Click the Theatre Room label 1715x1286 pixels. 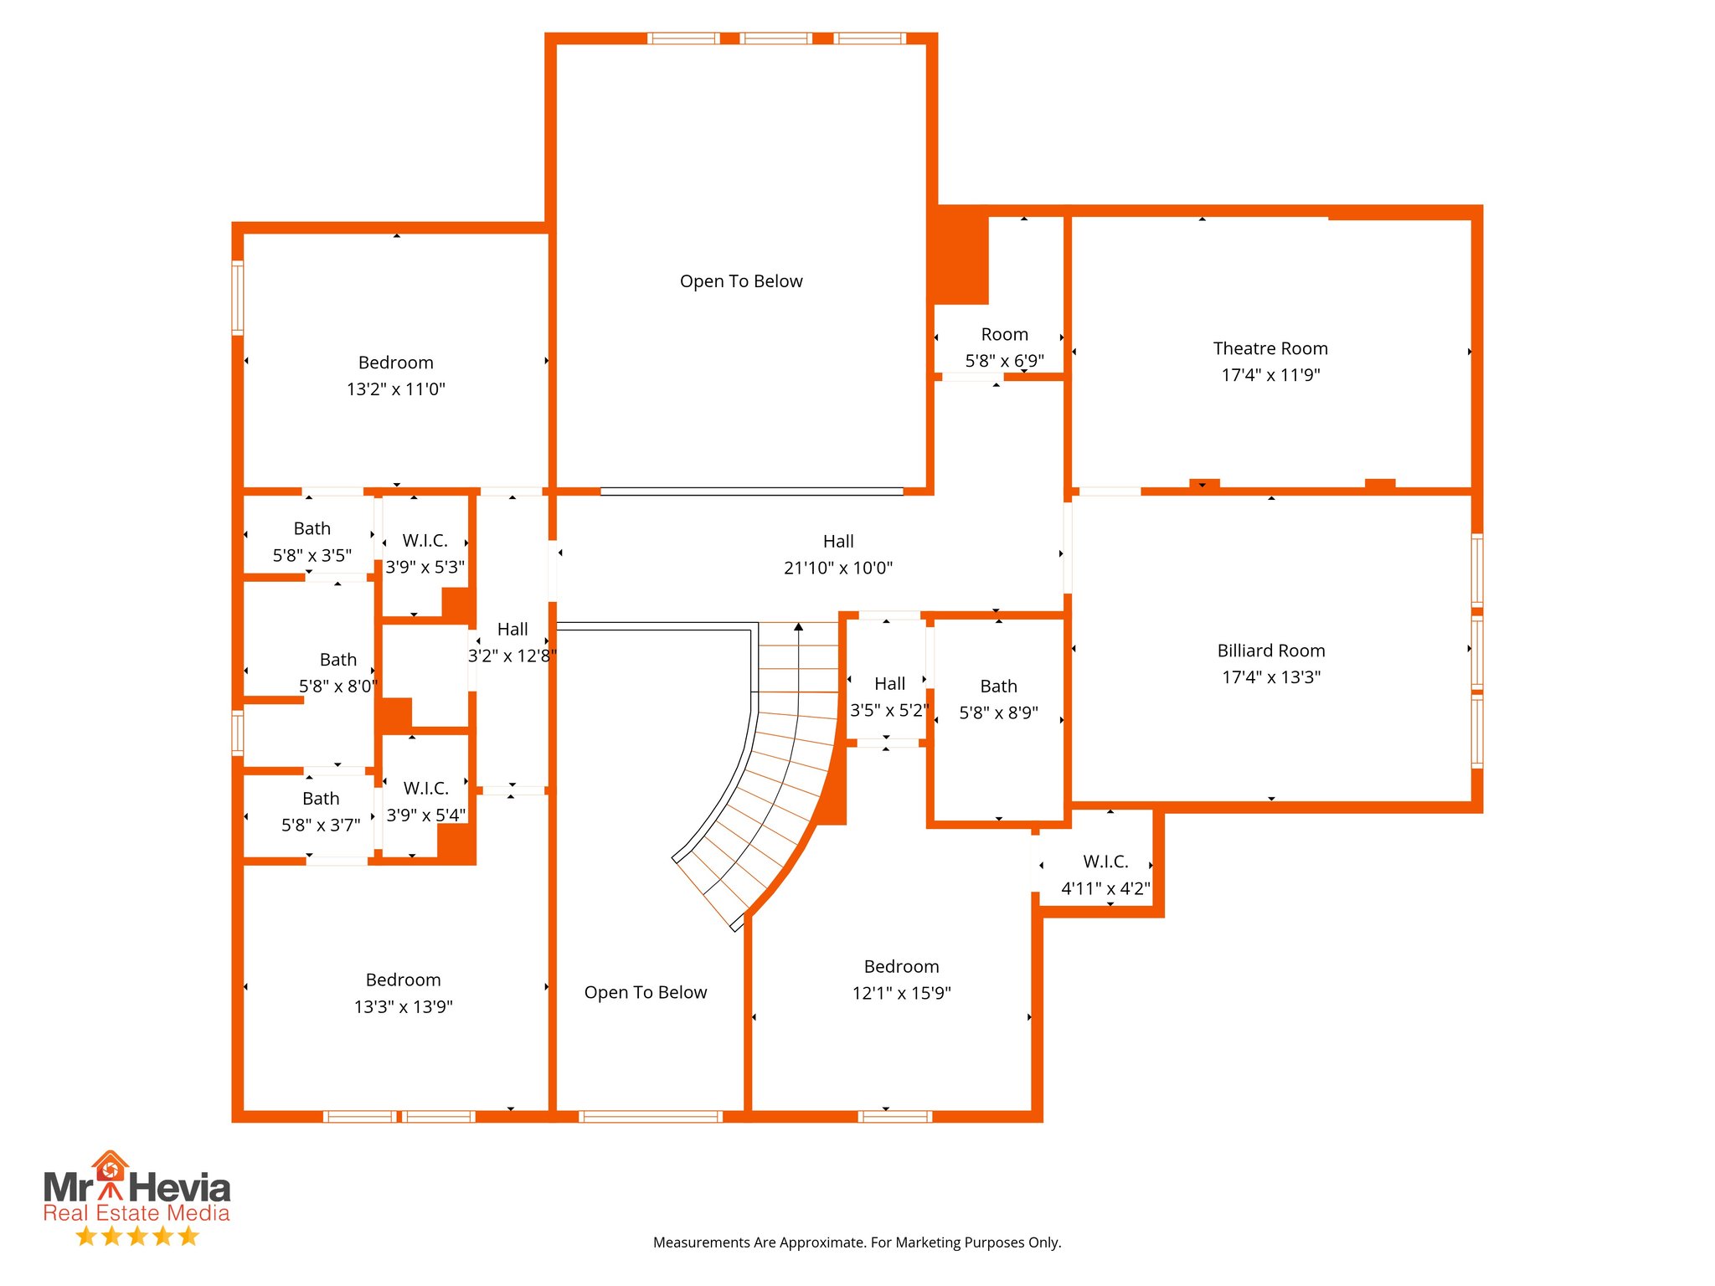[x=1270, y=348]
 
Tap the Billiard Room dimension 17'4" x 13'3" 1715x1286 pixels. [x=1270, y=677]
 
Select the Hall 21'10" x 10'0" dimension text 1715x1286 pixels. [x=837, y=568]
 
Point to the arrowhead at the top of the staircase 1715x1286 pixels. [x=798, y=626]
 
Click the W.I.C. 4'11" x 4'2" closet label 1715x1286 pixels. [x=1105, y=862]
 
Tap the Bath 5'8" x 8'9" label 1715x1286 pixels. [x=998, y=687]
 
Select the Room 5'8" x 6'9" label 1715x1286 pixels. [x=1004, y=335]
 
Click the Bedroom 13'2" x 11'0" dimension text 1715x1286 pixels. [x=395, y=389]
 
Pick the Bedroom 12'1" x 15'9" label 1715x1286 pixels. [x=901, y=967]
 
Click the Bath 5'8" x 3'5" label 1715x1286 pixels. [x=312, y=529]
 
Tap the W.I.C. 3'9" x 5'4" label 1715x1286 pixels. [x=425, y=789]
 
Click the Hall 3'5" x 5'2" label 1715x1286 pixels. [x=889, y=684]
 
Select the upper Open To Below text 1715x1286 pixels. [x=740, y=281]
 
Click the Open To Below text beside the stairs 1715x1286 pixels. [x=645, y=993]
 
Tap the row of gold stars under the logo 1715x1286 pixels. [x=136, y=1236]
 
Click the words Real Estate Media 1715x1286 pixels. [x=136, y=1213]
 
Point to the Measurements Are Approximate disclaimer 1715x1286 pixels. [x=857, y=1242]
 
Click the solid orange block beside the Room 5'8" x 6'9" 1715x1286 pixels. [x=961, y=255]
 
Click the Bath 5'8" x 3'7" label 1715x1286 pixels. [x=321, y=799]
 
